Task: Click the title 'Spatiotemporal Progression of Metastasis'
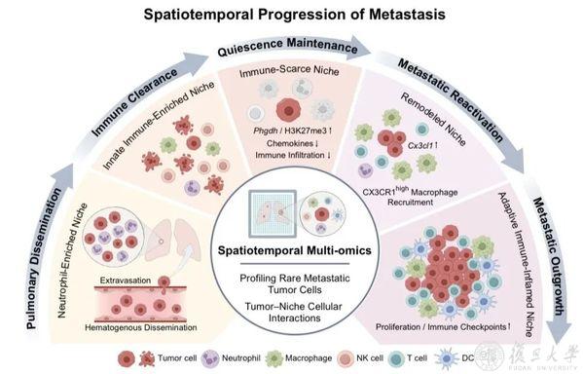pyautogui.click(x=295, y=15)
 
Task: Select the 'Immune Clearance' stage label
pyautogui.click(x=134, y=101)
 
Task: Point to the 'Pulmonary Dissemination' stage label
pyautogui.click(x=44, y=259)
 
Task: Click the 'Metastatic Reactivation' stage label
pyautogui.click(x=450, y=99)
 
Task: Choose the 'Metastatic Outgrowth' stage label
pyautogui.click(x=550, y=257)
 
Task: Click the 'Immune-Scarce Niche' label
pyautogui.click(x=289, y=71)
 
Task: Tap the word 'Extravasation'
pyautogui.click(x=126, y=280)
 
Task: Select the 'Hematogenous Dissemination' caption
pyautogui.click(x=141, y=327)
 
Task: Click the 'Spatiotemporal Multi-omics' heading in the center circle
pyautogui.click(x=295, y=250)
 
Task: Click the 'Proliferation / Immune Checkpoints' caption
pyautogui.click(x=443, y=326)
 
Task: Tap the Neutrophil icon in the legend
pyautogui.click(x=210, y=358)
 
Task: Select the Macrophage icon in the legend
pyautogui.click(x=274, y=358)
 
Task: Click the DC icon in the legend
pyautogui.click(x=447, y=358)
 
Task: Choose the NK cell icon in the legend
pyautogui.click(x=346, y=358)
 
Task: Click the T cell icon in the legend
pyautogui.click(x=396, y=358)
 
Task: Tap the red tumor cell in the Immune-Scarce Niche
pyautogui.click(x=288, y=110)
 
